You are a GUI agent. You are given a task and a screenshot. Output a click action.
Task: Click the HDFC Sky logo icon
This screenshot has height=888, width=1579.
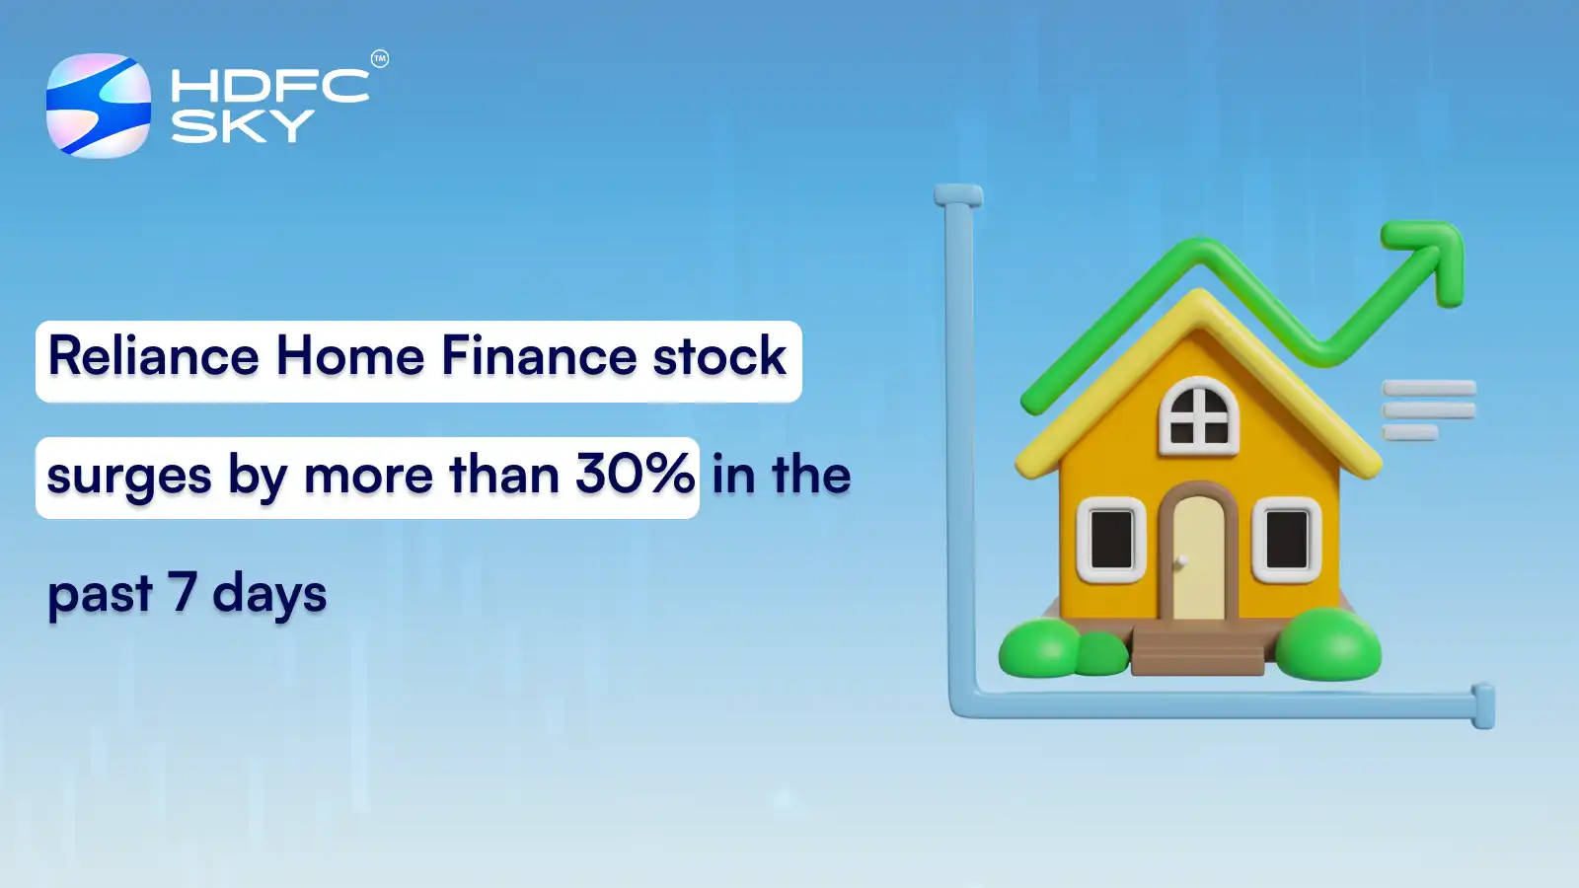click(x=99, y=106)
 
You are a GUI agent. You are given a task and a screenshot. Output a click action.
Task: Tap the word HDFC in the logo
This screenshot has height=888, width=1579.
click(x=269, y=86)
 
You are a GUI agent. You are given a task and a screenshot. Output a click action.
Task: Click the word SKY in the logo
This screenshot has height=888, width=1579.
click(x=242, y=126)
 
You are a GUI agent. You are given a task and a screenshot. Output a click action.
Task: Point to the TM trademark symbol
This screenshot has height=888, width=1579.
click(x=380, y=59)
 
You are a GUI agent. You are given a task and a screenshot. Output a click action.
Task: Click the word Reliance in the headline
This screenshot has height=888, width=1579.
click(x=154, y=356)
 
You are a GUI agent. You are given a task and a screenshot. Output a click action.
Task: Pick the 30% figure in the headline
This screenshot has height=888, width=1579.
click(x=635, y=475)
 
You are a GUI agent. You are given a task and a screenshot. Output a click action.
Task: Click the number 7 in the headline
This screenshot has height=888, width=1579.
click(x=182, y=592)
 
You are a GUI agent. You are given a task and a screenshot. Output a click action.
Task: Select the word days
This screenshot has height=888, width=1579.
click(x=269, y=595)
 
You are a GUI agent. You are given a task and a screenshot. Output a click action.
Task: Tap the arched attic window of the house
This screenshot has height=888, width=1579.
click(x=1199, y=416)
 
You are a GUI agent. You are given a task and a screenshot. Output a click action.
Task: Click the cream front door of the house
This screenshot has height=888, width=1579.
click(x=1198, y=557)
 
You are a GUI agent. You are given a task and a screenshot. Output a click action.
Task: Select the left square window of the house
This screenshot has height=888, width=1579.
click(x=1111, y=540)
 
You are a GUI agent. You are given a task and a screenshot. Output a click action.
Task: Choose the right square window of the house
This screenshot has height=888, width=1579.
click(x=1287, y=540)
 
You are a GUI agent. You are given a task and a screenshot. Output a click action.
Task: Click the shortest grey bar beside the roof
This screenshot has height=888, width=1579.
click(x=1409, y=432)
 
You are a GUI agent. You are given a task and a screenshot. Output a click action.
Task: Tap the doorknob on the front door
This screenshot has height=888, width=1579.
click(x=1180, y=561)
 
